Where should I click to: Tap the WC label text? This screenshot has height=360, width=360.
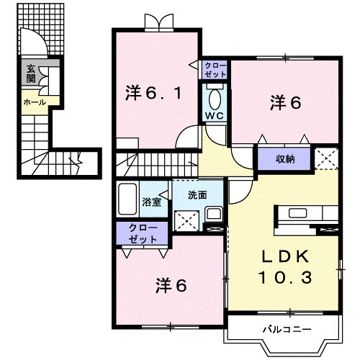coord(214,115)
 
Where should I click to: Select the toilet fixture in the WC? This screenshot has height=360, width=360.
coord(214,97)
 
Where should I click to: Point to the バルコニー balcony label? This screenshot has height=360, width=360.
coord(286,329)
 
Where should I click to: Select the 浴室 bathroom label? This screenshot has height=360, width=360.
coord(151,203)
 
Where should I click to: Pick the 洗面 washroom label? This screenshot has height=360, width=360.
coord(197,194)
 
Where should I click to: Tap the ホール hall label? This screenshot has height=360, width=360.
coord(35,102)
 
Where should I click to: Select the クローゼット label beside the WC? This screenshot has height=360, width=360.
coord(215,70)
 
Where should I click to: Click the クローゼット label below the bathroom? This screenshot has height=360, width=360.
coord(142,232)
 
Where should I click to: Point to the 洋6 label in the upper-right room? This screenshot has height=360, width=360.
coord(285,103)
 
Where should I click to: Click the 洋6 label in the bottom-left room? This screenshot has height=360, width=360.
coord(171,285)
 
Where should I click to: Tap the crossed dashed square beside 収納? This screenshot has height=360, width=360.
coord(326,158)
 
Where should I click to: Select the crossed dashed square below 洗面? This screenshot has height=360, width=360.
coord(186,218)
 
